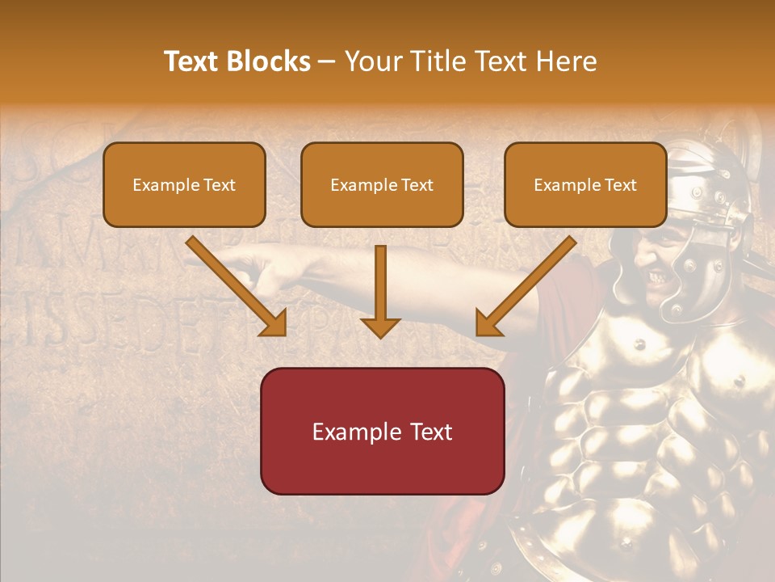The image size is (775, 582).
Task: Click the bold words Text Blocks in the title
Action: tap(237, 61)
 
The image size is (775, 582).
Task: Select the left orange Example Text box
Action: tap(184, 184)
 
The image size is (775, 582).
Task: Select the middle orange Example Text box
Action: tap(382, 184)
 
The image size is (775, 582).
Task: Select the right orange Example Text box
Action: tap(585, 184)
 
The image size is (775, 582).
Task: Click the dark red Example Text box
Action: tap(382, 431)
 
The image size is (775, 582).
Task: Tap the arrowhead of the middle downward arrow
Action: tap(380, 327)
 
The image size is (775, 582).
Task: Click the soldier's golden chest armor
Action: tap(646, 388)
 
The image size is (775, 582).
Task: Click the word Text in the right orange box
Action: tap(619, 184)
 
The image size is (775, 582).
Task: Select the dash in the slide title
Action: tap(327, 61)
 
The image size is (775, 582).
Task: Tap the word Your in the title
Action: tap(373, 61)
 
